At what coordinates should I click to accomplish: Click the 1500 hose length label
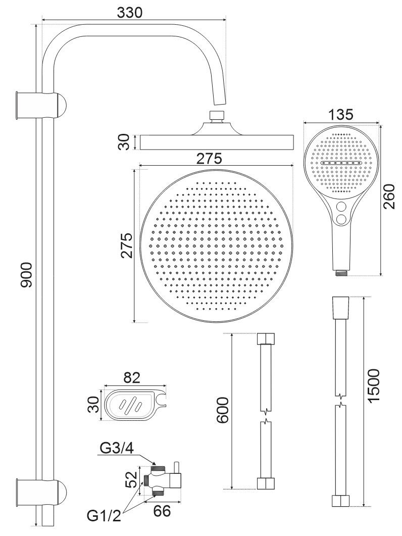pyautogui.click(x=374, y=386)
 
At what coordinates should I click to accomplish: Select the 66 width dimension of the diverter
pyautogui.click(x=162, y=511)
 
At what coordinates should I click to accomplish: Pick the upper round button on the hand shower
pyautogui.click(x=341, y=207)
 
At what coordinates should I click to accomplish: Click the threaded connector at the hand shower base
pyautogui.click(x=341, y=272)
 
